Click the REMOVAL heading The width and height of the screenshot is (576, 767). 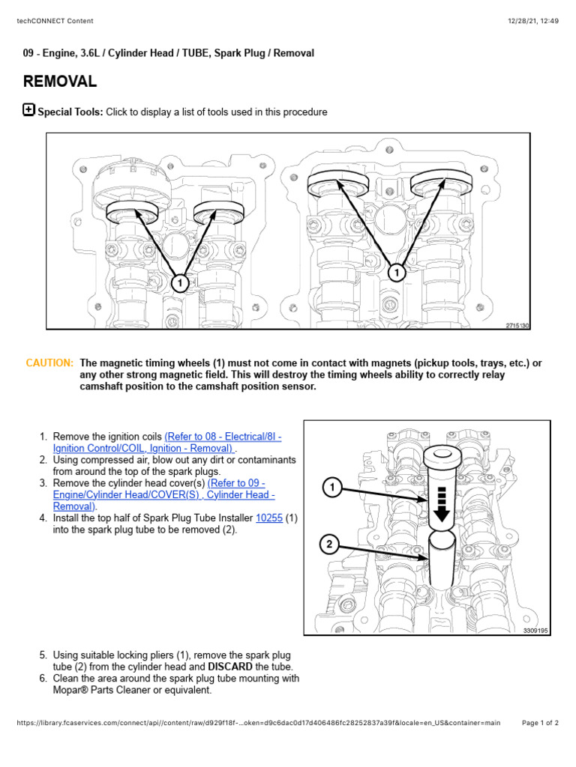(59, 82)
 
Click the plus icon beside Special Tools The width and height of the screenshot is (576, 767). (28, 110)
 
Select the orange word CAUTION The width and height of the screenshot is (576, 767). (49, 363)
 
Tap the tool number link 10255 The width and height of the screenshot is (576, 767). (269, 518)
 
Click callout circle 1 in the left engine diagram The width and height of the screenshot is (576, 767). (179, 282)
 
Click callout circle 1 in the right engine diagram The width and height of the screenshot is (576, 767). (397, 273)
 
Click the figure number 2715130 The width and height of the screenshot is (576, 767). (517, 326)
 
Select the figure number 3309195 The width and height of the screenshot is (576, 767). (535, 631)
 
